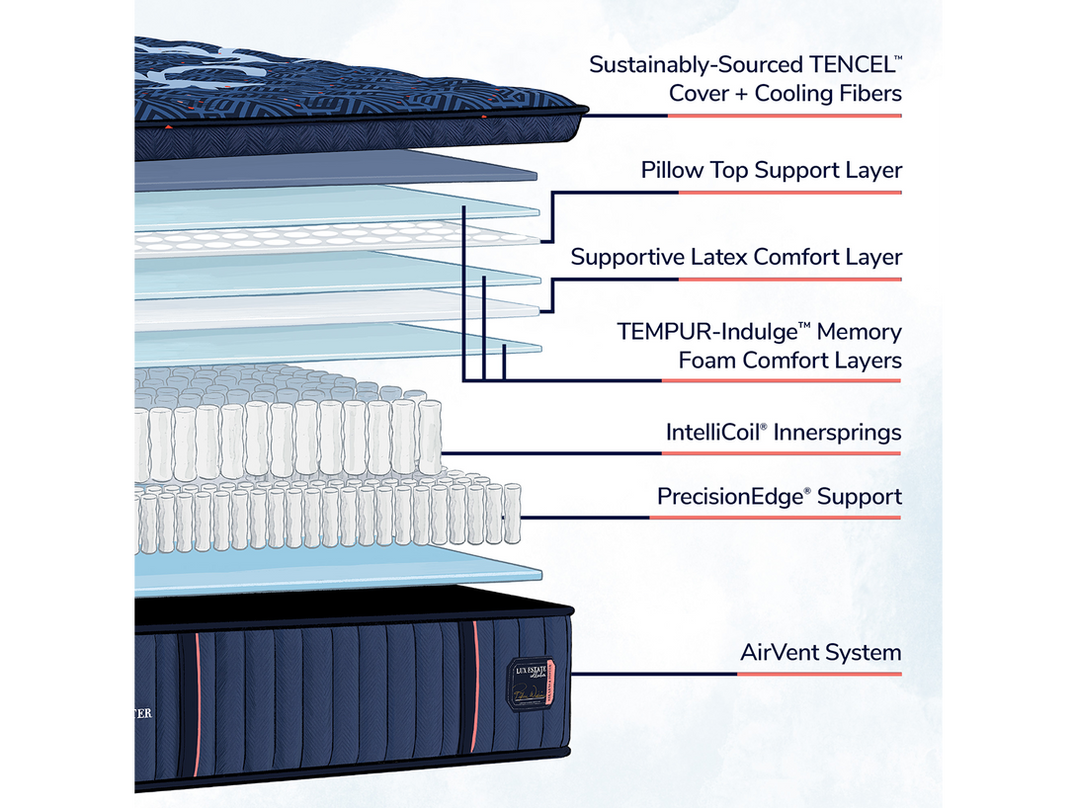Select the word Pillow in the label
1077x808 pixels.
pyautogui.click(x=671, y=170)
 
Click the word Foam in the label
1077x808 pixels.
pyautogui.click(x=706, y=361)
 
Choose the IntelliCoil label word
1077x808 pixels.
pyautogui.click(x=715, y=432)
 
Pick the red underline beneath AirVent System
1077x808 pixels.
pyautogui.click(x=819, y=675)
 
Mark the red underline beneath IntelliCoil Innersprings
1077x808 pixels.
pyautogui.click(x=781, y=454)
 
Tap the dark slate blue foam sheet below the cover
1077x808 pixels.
pyautogui.click(x=336, y=170)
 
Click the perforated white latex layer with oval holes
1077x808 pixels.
pyautogui.click(x=336, y=237)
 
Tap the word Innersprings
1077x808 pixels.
pyautogui.click(x=839, y=433)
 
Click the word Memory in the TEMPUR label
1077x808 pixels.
pyautogui.click(x=859, y=332)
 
